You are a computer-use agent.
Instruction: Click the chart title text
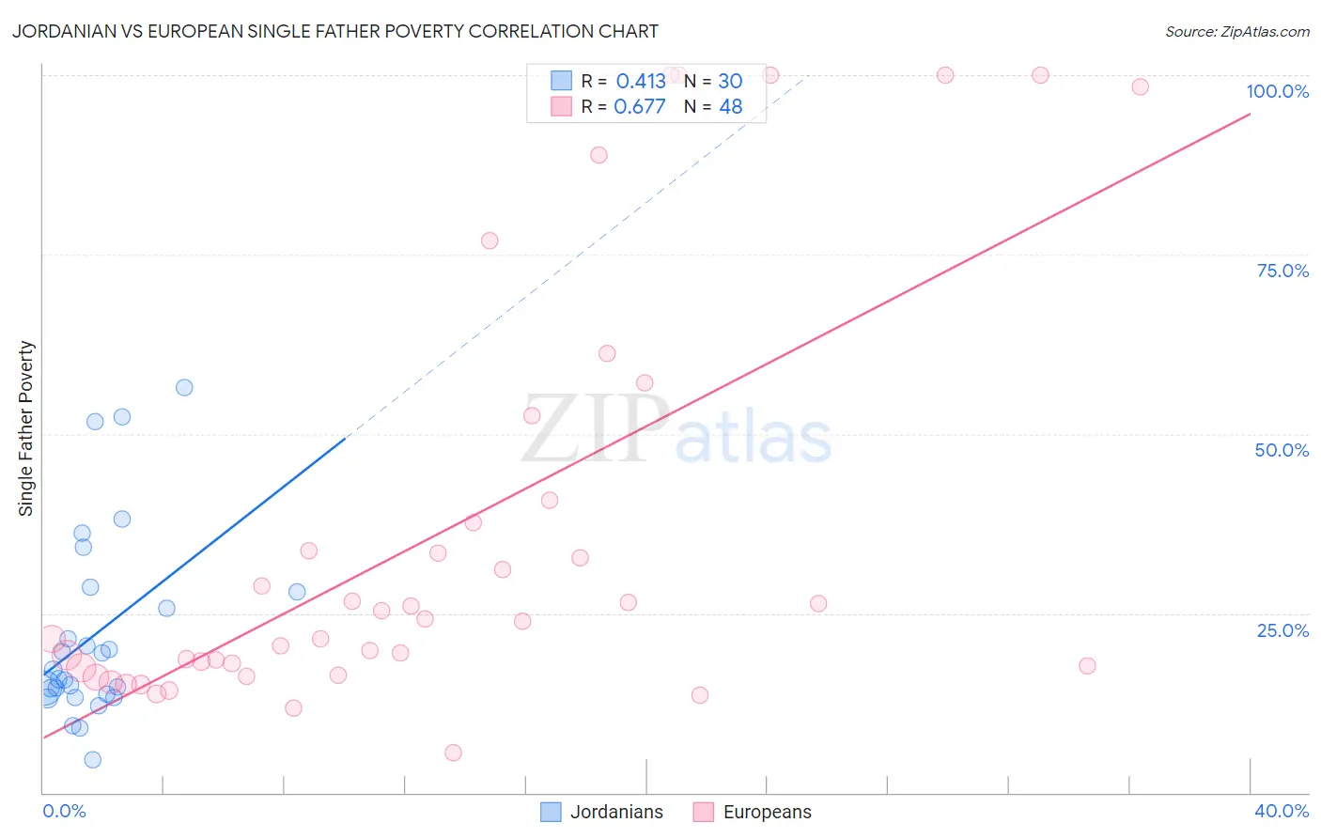pos(335,31)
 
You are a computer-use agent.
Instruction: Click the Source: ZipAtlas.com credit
pos(1236,31)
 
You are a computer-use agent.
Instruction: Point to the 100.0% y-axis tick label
pos(1277,91)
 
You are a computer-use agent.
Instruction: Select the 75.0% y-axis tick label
pos(1282,271)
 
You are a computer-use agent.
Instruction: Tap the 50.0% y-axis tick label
pos(1282,450)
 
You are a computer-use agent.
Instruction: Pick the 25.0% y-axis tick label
pos(1282,630)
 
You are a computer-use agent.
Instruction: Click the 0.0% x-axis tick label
pos(64,811)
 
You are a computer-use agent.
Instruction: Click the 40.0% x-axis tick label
pos(1281,811)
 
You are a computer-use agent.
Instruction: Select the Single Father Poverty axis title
pos(26,428)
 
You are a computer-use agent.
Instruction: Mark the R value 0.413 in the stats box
pos(641,81)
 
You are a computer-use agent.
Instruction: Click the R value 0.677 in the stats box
pos(639,106)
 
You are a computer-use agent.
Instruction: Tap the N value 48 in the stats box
pos(730,106)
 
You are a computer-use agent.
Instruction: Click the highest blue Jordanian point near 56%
pos(184,388)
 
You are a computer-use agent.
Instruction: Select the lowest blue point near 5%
pos(93,760)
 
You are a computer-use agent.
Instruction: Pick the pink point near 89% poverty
pos(598,155)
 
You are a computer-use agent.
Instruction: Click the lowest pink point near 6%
pos(453,753)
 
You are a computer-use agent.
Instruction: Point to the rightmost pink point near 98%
pos(1140,86)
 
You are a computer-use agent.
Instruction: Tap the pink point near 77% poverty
pos(490,241)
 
